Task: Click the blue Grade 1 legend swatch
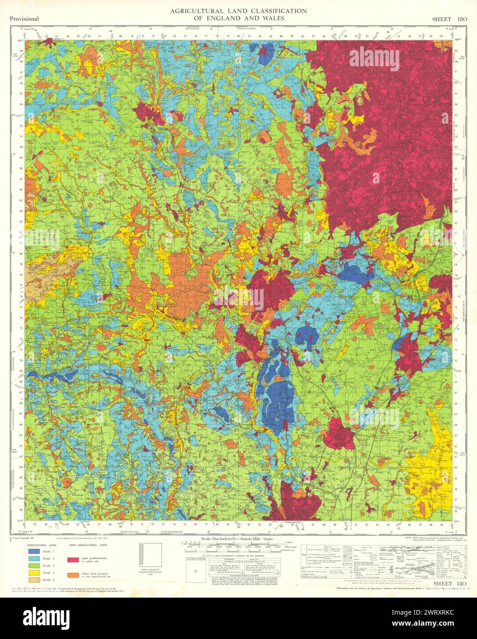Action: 33,551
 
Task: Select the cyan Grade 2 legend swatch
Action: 33,558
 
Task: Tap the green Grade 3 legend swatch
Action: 33,565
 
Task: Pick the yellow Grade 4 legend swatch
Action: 33,573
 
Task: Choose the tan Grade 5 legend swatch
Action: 33,580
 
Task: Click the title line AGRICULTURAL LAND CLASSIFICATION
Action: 238,11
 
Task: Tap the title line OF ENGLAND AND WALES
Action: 238,18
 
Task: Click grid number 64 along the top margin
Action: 68,35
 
